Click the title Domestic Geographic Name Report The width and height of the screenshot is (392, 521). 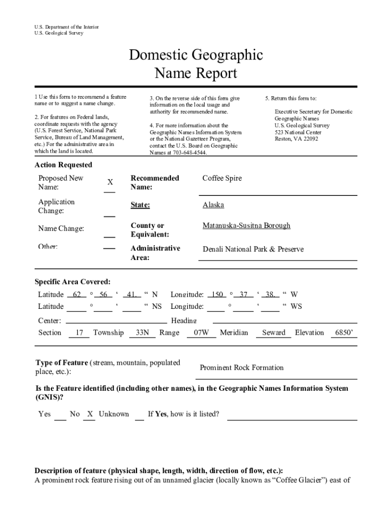coord(195,64)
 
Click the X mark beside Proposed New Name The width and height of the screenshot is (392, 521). coord(110,183)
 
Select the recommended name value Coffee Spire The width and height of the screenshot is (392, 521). coord(222,178)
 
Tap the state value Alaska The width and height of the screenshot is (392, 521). coord(213,205)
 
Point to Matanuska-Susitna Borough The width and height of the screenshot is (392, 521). coord(246,225)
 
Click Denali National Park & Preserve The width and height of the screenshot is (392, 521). coord(253,249)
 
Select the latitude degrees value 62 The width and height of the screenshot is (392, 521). coord(77,295)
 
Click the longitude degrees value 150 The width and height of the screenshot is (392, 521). coord(217,295)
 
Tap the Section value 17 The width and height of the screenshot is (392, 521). coord(79,333)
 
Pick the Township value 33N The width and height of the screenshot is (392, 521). coord(142,333)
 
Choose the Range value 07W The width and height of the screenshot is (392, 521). coord(198,333)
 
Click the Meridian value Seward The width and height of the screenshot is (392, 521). coord(273,333)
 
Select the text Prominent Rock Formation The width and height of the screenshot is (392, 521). coord(242,368)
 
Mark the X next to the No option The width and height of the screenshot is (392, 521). coord(90,414)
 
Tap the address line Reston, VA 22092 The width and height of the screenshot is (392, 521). coord(296,139)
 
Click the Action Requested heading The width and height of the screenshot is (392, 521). coord(64,165)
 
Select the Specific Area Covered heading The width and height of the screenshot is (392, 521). coord(72,282)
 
